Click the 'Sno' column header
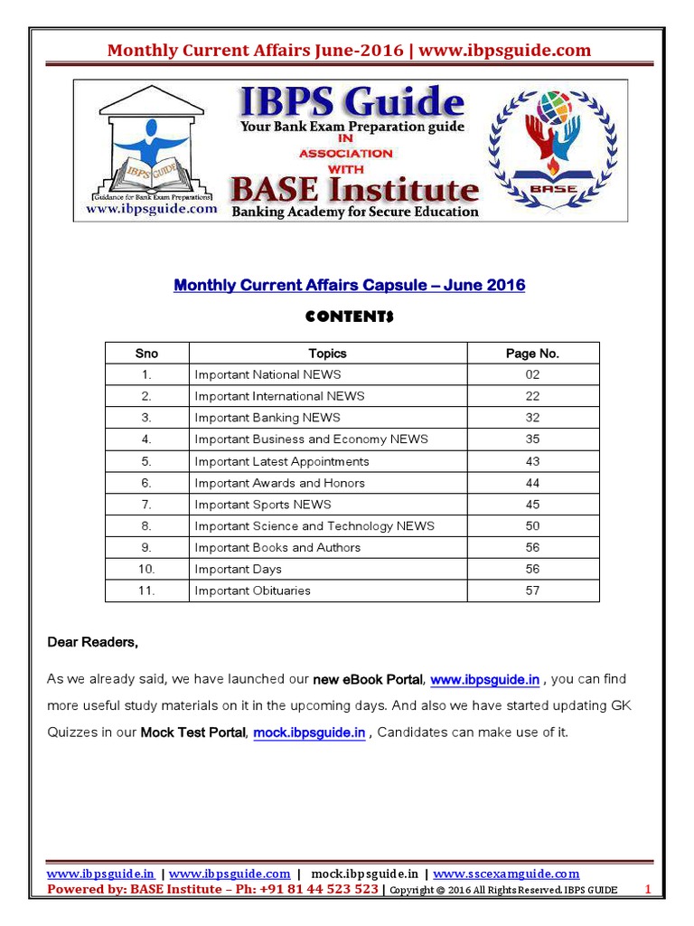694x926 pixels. (146, 354)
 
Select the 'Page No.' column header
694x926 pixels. (532, 354)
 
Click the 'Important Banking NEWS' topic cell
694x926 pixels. (267, 418)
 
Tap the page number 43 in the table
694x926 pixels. (532, 461)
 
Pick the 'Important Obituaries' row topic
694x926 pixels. (252, 591)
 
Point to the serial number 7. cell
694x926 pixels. (146, 505)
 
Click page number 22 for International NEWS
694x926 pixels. (532, 396)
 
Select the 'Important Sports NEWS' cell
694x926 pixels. (262, 505)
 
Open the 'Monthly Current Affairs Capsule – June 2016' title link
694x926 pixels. (349, 286)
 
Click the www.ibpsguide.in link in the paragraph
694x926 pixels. (485, 680)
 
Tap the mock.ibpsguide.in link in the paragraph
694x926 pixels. (309, 732)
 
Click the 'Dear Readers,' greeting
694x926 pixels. (93, 643)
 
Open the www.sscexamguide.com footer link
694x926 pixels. (506, 874)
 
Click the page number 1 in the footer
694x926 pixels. (647, 890)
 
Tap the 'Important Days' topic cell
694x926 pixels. (238, 569)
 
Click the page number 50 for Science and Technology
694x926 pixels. (532, 525)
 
